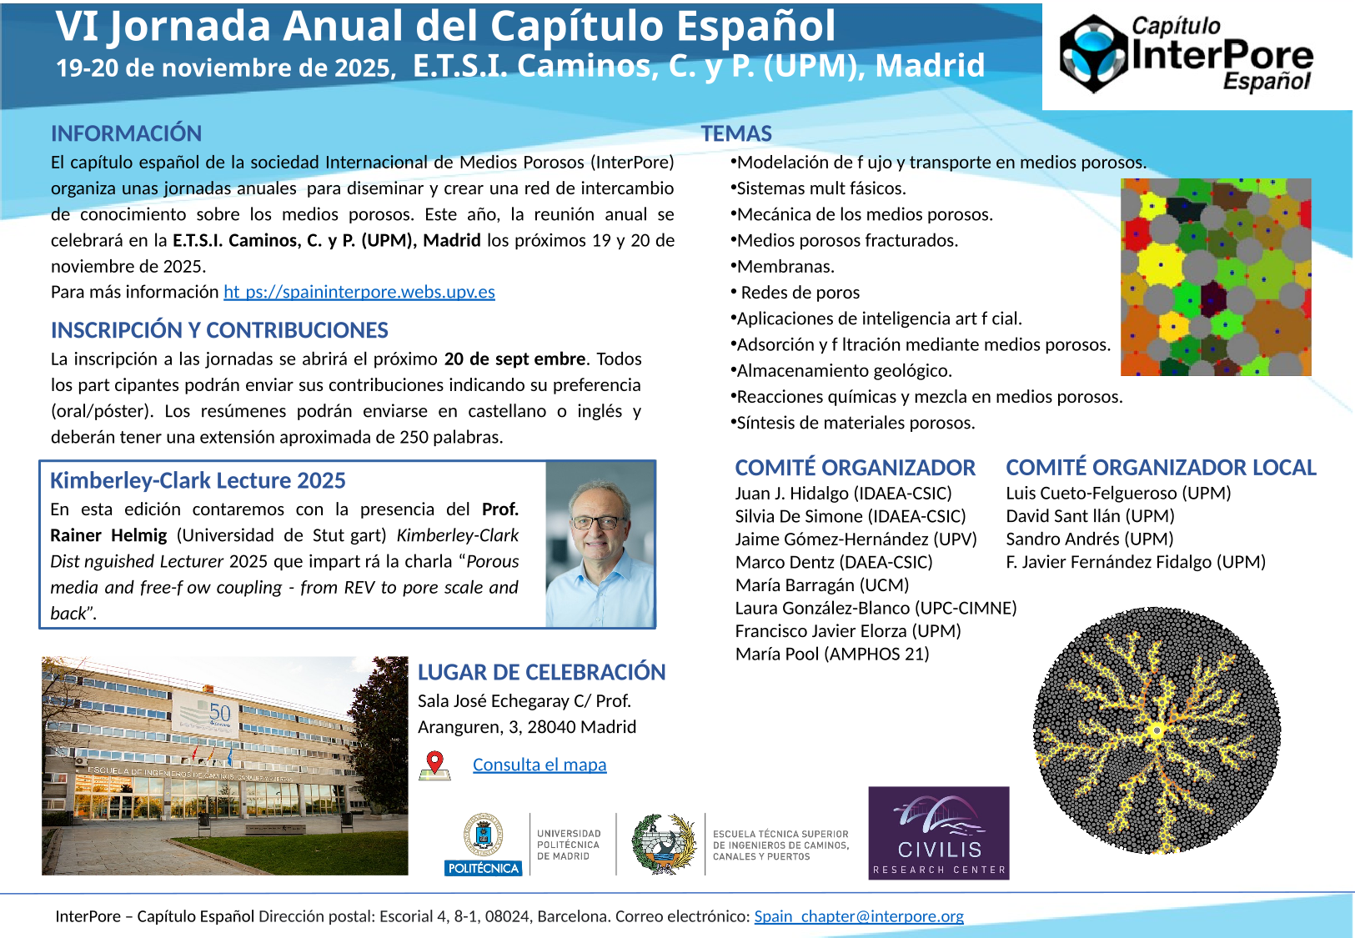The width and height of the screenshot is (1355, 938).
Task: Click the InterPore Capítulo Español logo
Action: tap(1186, 54)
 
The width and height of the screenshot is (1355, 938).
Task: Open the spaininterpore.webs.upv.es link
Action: tap(359, 292)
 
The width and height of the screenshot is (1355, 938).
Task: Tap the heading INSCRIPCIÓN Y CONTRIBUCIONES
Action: tap(219, 330)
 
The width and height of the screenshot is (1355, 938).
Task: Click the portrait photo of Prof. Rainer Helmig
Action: tap(600, 544)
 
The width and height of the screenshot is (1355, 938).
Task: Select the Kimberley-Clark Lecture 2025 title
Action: tap(198, 481)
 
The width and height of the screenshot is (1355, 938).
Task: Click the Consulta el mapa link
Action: tap(539, 765)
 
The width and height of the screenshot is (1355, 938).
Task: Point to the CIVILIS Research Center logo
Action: tap(938, 833)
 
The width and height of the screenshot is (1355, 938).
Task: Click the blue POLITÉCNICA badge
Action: tap(484, 868)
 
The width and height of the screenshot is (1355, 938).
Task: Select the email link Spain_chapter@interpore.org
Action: tap(859, 916)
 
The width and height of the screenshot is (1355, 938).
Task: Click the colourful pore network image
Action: tap(1216, 277)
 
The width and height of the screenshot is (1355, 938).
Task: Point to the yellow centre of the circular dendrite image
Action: tap(1157, 731)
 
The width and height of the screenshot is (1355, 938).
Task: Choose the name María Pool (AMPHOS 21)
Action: tap(832, 655)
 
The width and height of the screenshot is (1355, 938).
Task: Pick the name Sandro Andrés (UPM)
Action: tap(1089, 539)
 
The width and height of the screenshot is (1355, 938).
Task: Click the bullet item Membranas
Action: tap(785, 267)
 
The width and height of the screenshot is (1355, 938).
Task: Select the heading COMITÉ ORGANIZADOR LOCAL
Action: tap(1161, 468)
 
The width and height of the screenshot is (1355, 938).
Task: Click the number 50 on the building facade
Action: tap(220, 713)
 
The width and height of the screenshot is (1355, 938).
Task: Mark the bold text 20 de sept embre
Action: tap(514, 359)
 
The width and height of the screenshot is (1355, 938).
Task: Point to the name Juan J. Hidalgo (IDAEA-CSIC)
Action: tap(843, 494)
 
